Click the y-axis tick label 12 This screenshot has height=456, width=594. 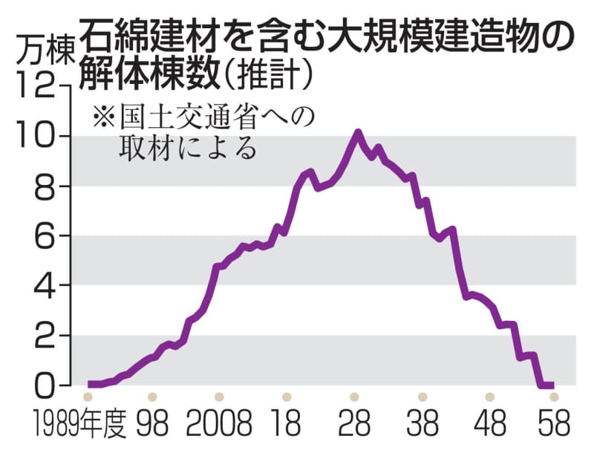36,88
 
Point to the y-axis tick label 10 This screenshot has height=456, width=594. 36,137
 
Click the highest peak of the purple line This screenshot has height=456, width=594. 358,133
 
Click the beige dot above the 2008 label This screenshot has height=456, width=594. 218,397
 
